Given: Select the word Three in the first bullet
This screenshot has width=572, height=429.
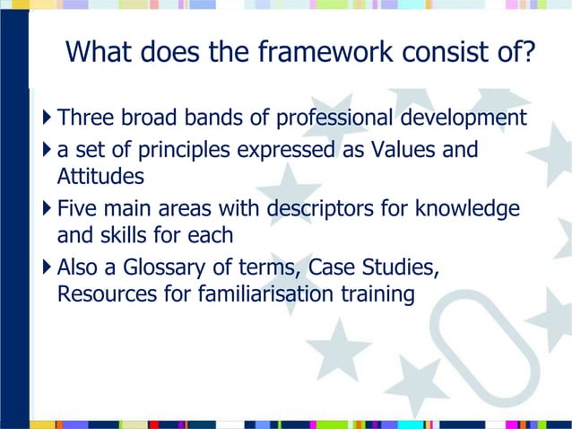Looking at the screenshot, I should pyautogui.click(x=84, y=118).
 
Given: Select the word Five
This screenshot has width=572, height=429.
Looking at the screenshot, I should pyautogui.click(x=76, y=210).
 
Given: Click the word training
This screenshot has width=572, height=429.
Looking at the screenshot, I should pyautogui.click(x=380, y=294).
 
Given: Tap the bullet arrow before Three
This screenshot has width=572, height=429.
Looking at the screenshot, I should pyautogui.click(x=47, y=118).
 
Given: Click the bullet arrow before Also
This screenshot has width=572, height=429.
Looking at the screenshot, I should pyautogui.click(x=47, y=269).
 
